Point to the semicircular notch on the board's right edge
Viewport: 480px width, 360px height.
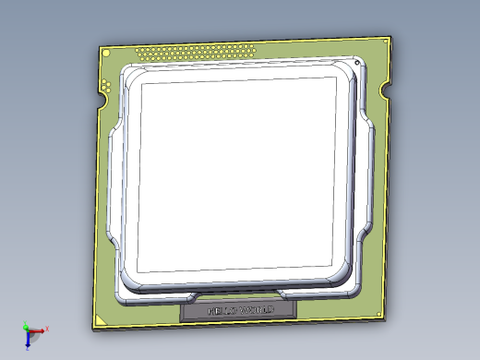[386, 90]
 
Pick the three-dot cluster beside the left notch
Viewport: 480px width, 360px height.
[108, 87]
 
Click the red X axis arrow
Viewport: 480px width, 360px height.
[39, 330]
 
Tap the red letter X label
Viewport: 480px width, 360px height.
[47, 328]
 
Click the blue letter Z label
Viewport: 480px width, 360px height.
[29, 349]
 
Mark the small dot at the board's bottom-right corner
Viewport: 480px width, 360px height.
[380, 314]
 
